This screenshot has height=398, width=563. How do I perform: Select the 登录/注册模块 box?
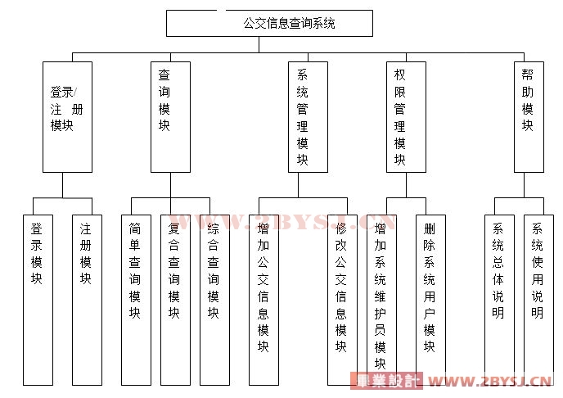pos(66,116)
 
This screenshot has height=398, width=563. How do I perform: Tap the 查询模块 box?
pos(170,116)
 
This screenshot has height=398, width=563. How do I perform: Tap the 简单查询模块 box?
pos(135,299)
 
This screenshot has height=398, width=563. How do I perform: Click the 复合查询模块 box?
pos(175,299)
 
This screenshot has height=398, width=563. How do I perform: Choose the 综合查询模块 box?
pos(214,299)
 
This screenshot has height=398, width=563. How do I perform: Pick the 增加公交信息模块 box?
pos(263,299)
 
